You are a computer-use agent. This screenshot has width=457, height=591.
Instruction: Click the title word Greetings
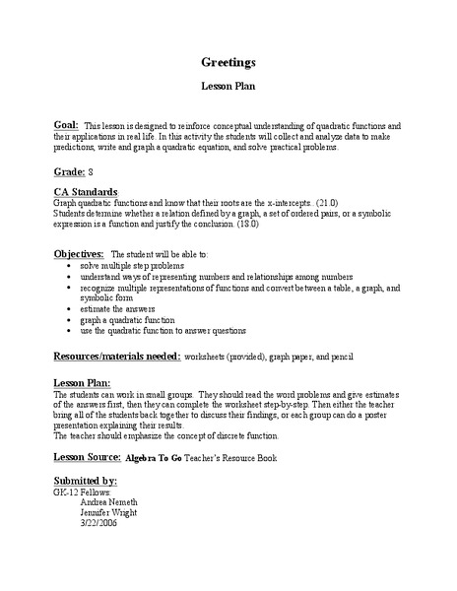[228, 61]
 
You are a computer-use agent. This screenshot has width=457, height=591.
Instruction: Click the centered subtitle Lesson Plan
[228, 88]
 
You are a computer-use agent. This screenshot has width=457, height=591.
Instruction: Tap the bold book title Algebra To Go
[161, 459]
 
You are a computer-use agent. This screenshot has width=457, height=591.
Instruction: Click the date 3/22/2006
[98, 523]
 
